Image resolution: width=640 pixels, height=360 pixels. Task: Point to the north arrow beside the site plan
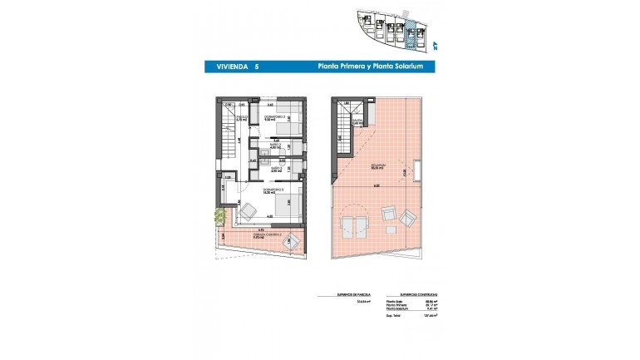pyautogui.click(x=435, y=44)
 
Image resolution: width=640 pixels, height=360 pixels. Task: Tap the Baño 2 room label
pyautogui.click(x=275, y=146)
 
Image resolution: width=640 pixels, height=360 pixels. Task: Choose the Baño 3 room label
pyautogui.click(x=275, y=169)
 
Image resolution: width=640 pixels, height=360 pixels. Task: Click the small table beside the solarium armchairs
pyautogui.click(x=386, y=214)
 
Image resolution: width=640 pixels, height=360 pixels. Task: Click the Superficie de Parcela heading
pyautogui.click(x=336, y=295)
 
